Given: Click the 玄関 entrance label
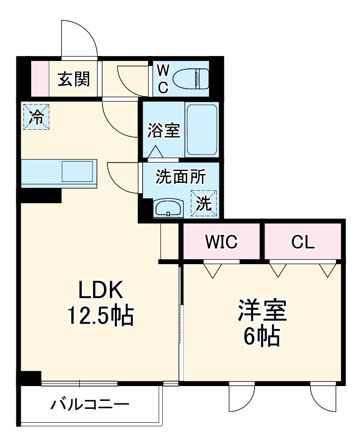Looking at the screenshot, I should pyautogui.click(x=74, y=79).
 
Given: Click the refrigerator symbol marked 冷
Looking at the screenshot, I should pyautogui.click(x=36, y=117).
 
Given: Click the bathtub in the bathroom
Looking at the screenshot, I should pyautogui.click(x=203, y=130).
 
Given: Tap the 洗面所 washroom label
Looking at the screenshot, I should pyautogui.click(x=180, y=176).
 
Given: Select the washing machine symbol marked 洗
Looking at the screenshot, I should pyautogui.click(x=204, y=203).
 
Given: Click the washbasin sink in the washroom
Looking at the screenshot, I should pyautogui.click(x=169, y=208).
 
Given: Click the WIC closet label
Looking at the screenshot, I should pyautogui.click(x=221, y=242).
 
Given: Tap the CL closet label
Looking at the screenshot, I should pyautogui.click(x=302, y=242).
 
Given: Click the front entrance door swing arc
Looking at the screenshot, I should pyautogui.click(x=79, y=37).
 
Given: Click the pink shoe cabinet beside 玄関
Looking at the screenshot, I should pyautogui.click(x=40, y=79).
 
